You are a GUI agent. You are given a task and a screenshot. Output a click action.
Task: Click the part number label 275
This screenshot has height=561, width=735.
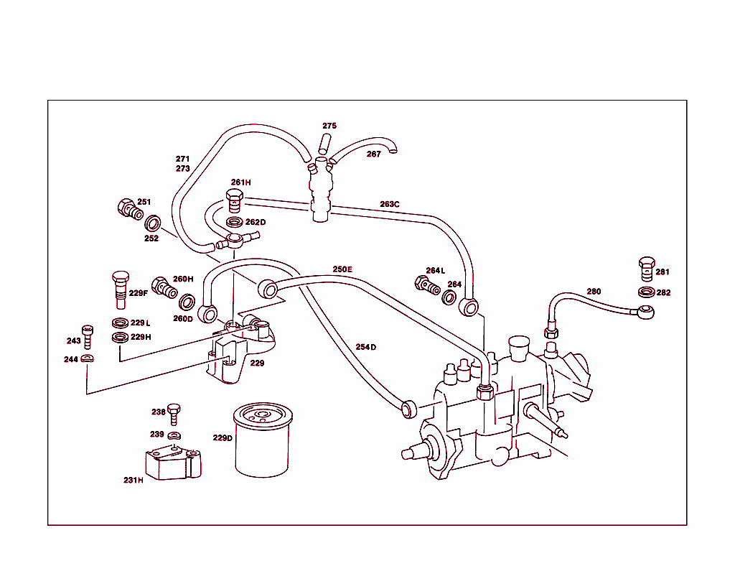(x=329, y=126)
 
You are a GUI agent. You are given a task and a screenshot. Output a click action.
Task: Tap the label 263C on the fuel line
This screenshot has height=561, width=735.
(x=390, y=204)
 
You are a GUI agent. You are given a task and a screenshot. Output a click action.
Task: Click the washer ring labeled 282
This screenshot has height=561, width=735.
(x=646, y=292)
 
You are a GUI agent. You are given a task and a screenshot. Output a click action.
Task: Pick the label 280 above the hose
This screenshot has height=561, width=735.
(x=594, y=291)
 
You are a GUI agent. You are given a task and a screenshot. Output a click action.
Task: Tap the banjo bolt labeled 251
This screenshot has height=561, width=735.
(x=128, y=208)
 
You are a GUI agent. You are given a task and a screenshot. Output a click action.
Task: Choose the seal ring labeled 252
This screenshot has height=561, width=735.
(x=152, y=223)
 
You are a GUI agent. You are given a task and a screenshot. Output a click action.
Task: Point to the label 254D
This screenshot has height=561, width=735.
(x=365, y=347)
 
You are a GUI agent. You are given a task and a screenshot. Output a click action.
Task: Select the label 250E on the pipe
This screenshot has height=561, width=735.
(x=342, y=269)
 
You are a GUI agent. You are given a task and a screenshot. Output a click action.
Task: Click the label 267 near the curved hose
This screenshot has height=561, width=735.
(x=374, y=154)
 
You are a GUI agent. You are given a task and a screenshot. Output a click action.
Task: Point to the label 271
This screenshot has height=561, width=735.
(x=183, y=159)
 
